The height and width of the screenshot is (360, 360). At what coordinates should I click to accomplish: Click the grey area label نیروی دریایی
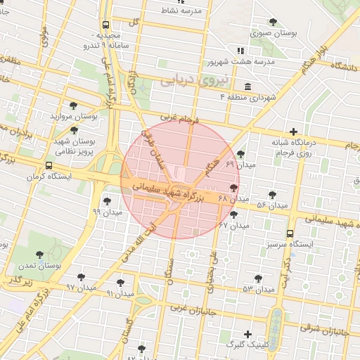[x=186, y=81]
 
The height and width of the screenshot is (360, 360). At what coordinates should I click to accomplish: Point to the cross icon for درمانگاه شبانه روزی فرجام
[x=294, y=131]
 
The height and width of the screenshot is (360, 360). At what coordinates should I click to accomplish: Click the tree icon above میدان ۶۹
[x=241, y=154]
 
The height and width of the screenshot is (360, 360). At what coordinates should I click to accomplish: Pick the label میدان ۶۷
[x=234, y=225]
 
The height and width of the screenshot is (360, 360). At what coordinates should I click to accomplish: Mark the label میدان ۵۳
[x=258, y=289]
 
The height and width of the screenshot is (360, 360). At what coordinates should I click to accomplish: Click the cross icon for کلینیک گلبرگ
[x=247, y=333]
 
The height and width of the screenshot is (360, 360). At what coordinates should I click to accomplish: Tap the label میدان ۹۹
[x=107, y=211]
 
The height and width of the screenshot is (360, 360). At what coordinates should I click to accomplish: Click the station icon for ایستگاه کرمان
[x=48, y=165]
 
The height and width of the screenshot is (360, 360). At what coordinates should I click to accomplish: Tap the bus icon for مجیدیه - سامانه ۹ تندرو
[x=105, y=24]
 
